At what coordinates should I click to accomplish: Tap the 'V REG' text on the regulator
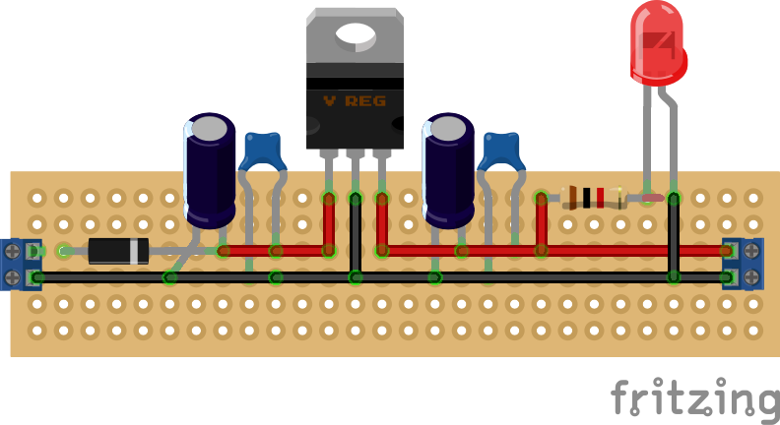click(x=355, y=101)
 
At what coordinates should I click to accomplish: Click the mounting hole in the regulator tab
click(x=355, y=36)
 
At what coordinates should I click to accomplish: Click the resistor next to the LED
click(x=592, y=198)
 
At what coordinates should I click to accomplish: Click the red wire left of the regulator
click(x=276, y=251)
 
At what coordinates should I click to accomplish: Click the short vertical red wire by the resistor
click(x=541, y=224)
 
